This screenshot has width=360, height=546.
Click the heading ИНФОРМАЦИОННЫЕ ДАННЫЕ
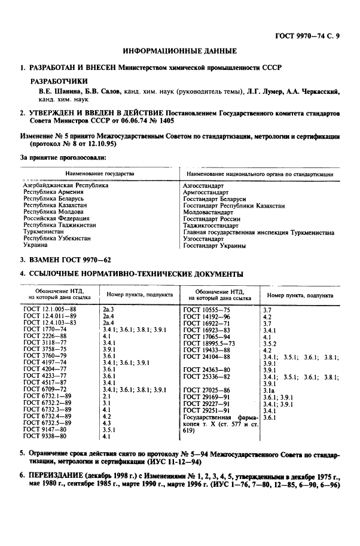[x=179, y=51]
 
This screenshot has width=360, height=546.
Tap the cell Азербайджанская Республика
[x=65, y=186]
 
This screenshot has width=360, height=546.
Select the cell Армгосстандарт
[x=205, y=193]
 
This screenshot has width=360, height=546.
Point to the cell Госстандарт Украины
[x=214, y=245]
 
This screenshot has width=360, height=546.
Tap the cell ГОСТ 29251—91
[x=207, y=410]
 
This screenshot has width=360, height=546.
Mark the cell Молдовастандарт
[x=208, y=212]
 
